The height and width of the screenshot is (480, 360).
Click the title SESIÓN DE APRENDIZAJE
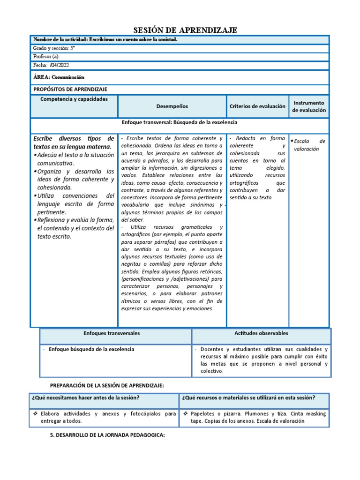click(180, 30)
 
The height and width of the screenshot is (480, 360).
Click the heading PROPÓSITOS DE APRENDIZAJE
click(70, 89)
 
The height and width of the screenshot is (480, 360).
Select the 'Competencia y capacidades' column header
click(74, 99)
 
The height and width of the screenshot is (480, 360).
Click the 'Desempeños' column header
click(172, 106)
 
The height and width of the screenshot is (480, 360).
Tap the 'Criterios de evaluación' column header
click(257, 106)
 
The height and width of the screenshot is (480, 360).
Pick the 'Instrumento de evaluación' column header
click(309, 106)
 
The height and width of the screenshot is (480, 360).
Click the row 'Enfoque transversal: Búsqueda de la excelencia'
click(180, 122)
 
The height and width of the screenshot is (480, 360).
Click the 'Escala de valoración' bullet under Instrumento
click(309, 145)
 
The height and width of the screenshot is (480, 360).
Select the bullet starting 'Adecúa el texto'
click(75, 159)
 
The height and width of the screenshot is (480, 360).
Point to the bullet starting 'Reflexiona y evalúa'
click(75, 228)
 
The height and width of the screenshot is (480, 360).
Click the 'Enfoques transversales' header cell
click(112, 333)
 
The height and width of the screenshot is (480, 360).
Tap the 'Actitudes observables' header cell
click(261, 333)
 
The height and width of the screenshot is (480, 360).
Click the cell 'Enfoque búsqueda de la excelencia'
click(91, 349)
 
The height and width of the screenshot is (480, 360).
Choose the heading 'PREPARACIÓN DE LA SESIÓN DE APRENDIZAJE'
click(107, 385)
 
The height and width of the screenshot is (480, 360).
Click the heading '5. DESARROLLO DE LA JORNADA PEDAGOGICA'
click(107, 435)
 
